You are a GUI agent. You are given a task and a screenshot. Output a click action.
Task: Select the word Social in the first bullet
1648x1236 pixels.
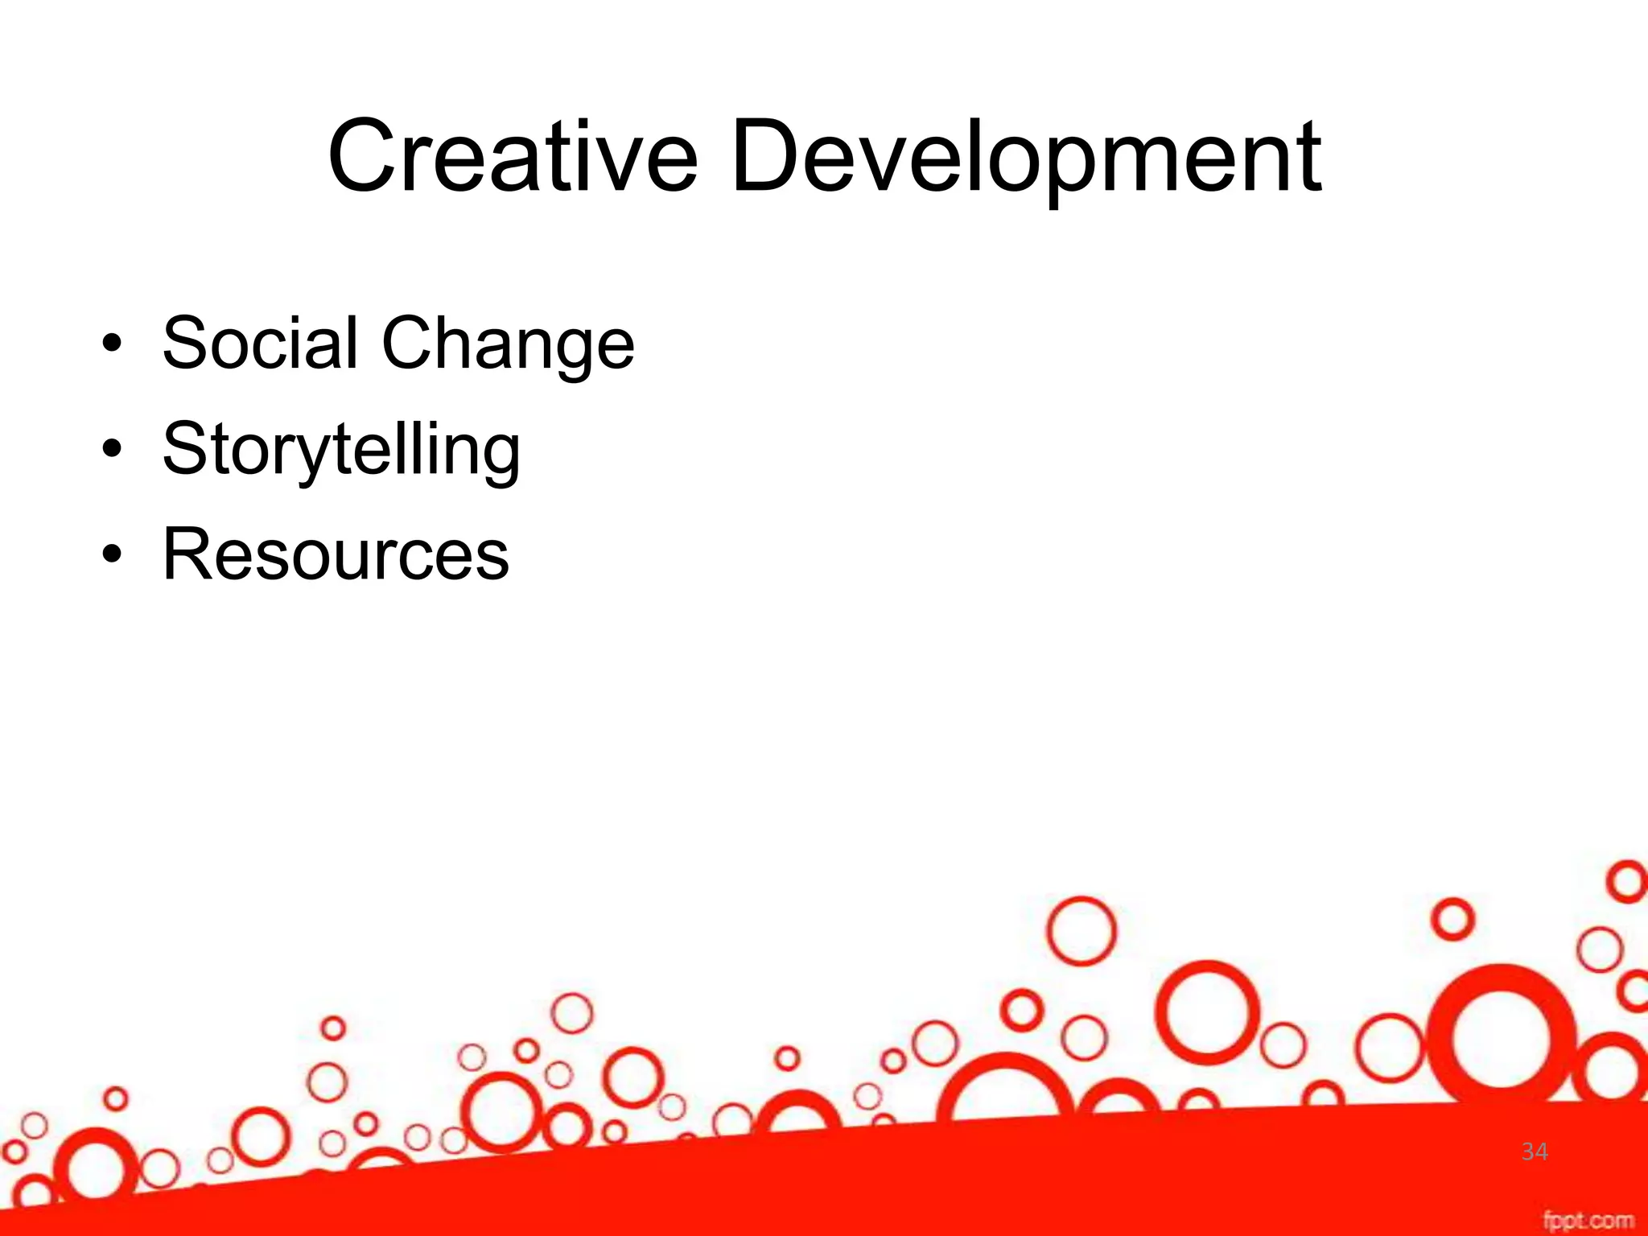[260, 344]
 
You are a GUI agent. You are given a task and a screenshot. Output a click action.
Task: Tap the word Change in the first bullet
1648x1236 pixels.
[508, 344]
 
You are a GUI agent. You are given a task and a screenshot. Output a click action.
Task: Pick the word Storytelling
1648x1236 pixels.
[341, 449]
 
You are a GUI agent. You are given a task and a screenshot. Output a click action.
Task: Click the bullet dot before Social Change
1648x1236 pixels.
[112, 344]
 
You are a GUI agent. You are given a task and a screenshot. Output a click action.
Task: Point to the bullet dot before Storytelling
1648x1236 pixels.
[112, 449]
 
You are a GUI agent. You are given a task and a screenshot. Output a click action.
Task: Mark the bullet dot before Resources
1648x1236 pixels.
[112, 554]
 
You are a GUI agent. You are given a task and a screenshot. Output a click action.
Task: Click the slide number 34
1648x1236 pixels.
[1535, 1152]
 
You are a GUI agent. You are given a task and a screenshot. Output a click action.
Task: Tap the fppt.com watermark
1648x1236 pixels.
[1588, 1220]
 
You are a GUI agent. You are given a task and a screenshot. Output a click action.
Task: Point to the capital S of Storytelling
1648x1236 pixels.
[185, 449]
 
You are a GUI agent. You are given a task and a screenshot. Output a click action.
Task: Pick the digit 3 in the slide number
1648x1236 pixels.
[1528, 1152]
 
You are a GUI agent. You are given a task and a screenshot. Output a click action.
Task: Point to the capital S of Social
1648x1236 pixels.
[185, 344]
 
